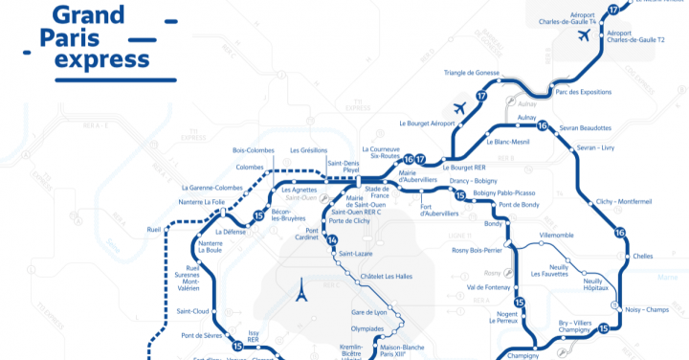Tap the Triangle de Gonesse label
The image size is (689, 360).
click(472, 73)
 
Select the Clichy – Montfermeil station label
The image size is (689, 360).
click(623, 202)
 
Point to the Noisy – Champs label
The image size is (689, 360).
click(647, 310)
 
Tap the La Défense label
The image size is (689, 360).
click(232, 232)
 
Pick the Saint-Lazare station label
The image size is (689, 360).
click(357, 254)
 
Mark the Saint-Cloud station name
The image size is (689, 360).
click(193, 311)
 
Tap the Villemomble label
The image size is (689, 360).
click(556, 235)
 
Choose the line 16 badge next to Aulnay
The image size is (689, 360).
click(542, 126)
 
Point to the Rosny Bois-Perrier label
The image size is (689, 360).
click(477, 251)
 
